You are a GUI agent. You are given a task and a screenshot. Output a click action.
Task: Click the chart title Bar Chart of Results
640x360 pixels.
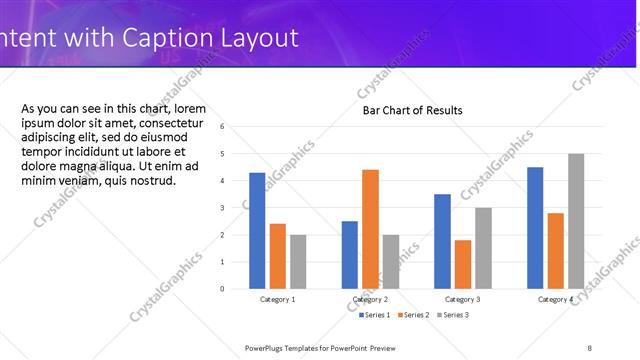point(412,110)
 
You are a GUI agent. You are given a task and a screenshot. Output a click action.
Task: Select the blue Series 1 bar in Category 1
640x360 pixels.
point(257,230)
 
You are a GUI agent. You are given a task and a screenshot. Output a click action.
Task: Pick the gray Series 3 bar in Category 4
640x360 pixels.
point(576,220)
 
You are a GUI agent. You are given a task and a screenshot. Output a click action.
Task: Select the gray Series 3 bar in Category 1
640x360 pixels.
point(299,261)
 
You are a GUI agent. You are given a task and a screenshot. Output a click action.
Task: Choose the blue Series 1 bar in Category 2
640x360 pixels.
point(349,254)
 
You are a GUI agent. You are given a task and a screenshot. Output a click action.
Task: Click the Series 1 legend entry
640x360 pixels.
point(375,315)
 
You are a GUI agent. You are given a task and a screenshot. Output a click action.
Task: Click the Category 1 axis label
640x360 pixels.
point(278,299)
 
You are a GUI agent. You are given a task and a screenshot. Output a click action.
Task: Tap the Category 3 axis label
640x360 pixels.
point(462,299)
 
